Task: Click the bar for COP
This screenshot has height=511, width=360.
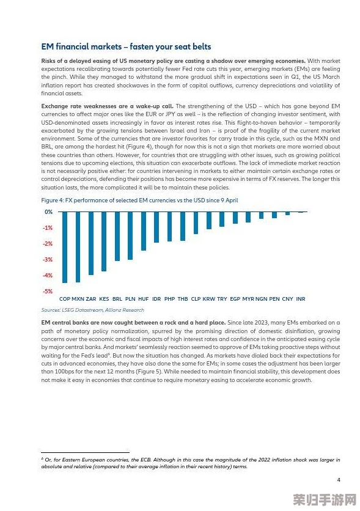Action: (65, 247)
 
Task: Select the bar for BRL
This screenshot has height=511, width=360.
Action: (117, 237)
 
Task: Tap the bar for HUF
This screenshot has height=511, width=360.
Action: (144, 231)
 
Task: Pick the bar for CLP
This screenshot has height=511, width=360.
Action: (196, 223)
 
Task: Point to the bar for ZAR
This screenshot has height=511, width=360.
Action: (91, 243)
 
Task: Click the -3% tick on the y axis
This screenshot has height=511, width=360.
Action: (48, 259)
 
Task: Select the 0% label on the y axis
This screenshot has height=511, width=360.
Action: (48, 212)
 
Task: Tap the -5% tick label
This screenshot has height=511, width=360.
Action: (48, 292)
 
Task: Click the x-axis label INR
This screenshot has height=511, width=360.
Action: (300, 299)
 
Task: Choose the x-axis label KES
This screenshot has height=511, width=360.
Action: (104, 299)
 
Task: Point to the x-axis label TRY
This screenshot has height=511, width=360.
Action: (222, 299)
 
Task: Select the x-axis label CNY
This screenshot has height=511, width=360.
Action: (287, 299)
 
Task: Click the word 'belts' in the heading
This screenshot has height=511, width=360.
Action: (202, 46)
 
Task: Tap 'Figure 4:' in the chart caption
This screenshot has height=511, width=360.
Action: (53, 200)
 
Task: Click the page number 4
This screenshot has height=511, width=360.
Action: (339, 480)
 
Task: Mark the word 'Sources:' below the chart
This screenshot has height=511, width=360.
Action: (51, 310)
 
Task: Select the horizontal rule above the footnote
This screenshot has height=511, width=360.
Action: (86, 452)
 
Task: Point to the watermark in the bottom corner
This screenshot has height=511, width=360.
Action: (325, 499)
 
